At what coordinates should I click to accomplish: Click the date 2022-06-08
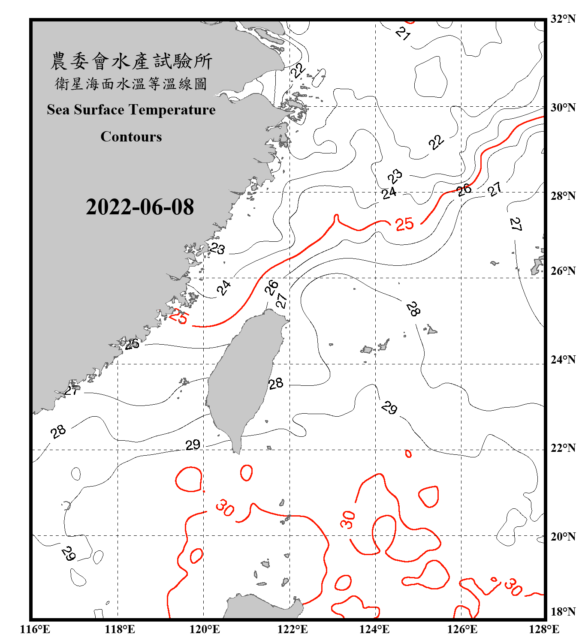pos(140,207)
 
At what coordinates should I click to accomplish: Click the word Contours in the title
pos(131,137)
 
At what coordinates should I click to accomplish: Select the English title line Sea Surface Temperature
pos(131,110)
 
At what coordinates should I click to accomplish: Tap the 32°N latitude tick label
pos(563,19)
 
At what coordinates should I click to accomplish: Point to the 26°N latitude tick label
pos(563,271)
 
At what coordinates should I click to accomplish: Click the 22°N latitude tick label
pos(563,448)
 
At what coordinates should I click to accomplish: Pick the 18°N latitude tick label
pos(563,612)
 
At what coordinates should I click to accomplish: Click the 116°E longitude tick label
pos(35,629)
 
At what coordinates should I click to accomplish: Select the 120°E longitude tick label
pos(205,629)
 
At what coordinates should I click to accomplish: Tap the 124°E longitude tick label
pos(374,629)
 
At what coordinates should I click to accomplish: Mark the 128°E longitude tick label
pos(544,629)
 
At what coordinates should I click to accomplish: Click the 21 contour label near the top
pos(403,33)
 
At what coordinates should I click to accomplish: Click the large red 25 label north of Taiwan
pos(404,224)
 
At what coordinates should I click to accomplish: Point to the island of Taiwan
pos(242,377)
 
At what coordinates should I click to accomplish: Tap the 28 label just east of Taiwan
pos(276,383)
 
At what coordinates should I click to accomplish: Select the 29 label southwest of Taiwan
pos(193,445)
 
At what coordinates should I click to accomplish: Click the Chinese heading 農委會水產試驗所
pos(131,61)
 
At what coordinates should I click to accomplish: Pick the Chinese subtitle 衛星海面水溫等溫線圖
pos(131,84)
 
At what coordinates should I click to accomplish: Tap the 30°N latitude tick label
pos(563,108)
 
